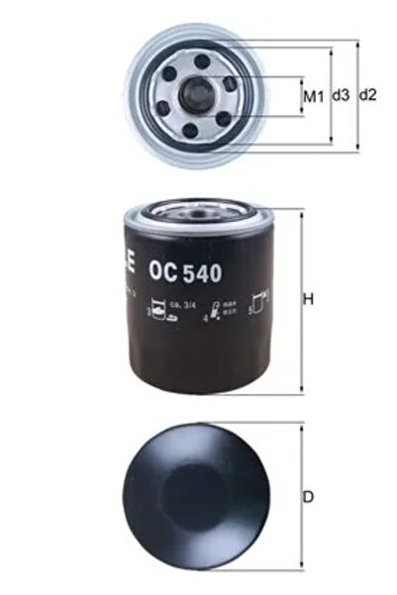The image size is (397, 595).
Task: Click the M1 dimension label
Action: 314,97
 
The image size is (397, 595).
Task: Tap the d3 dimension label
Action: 341,97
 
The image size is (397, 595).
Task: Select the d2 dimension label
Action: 367,96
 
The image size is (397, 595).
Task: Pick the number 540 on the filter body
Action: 198,267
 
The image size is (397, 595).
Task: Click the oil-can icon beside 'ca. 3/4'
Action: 156,310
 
